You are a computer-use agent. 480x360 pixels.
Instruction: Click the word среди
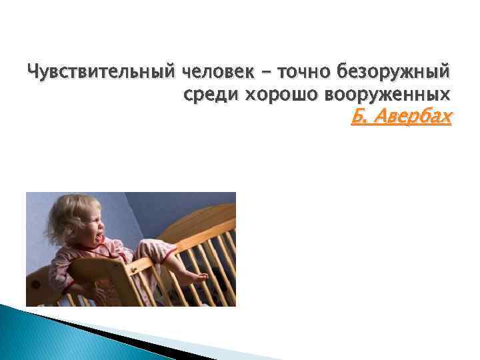(x=211, y=94)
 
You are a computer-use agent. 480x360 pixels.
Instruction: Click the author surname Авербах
(x=414, y=118)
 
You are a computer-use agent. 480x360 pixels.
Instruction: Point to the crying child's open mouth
(x=100, y=237)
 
